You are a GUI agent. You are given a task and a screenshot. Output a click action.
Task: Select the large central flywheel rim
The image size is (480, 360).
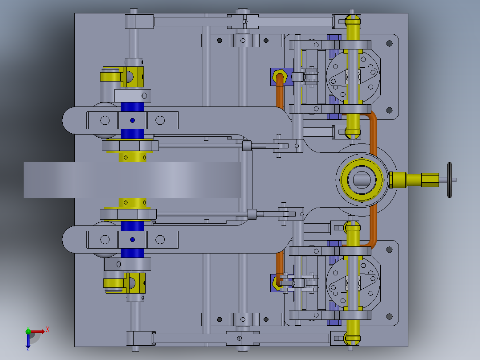pos(134,180)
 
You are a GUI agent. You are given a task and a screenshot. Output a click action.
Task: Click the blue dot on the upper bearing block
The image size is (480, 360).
pos(132,120)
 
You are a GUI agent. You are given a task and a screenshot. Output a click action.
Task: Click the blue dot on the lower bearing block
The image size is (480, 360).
pos(132,239)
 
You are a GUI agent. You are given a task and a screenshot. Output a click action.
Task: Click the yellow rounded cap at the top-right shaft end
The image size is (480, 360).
pos(353,20)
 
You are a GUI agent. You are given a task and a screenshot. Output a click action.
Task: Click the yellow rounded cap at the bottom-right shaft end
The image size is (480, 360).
pos(353,339)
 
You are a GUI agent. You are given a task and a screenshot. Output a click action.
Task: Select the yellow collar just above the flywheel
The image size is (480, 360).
pos(132,157)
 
